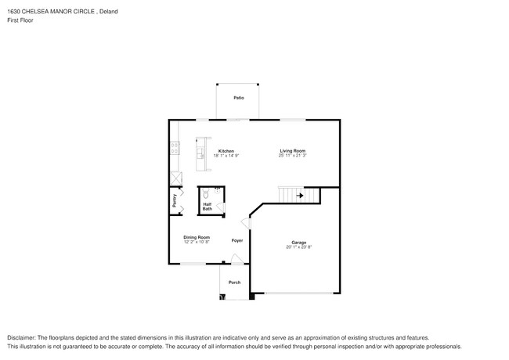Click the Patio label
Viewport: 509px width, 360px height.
[238, 98]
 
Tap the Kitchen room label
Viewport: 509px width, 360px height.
[226, 151]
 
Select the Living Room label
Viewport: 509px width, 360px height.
[292, 151]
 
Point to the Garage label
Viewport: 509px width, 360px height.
[299, 243]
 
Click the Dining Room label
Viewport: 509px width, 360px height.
[197, 237]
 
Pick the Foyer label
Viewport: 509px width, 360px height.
[237, 240]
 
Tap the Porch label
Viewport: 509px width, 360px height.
[234, 283]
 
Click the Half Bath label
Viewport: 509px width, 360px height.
[207, 207]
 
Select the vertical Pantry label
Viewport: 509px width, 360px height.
[175, 200]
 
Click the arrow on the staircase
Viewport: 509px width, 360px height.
[298, 195]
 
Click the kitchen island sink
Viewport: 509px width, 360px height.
[200, 150]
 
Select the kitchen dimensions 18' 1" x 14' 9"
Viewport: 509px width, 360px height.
[226, 156]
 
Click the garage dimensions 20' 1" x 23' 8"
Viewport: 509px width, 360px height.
[299, 247]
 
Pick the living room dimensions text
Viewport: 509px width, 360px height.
[292, 156]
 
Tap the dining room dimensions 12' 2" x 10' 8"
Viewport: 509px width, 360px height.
[197, 242]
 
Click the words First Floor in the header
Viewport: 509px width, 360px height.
[20, 20]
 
